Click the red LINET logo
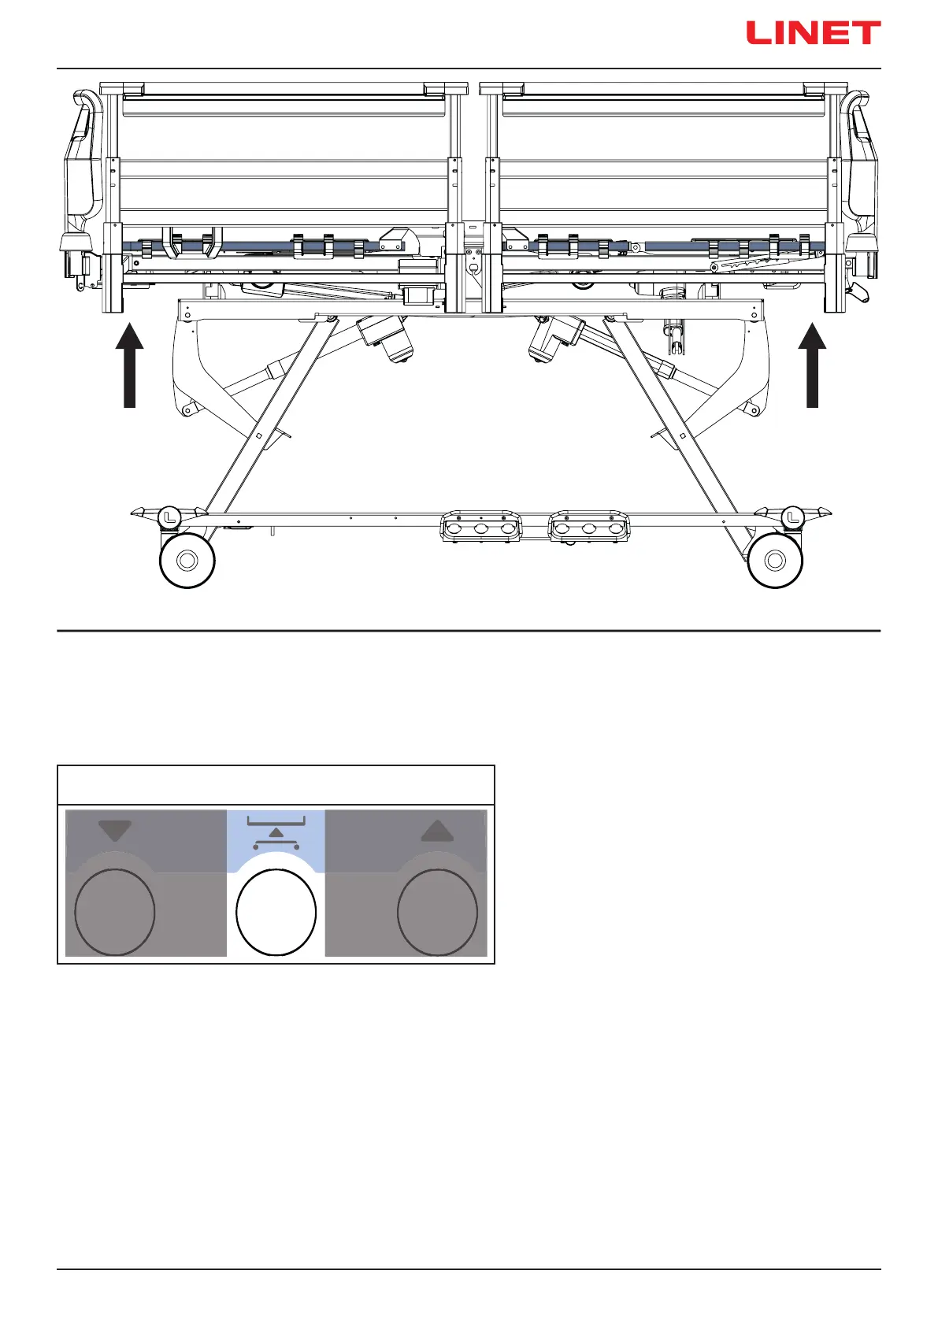tap(813, 33)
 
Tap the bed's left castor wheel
tap(187, 560)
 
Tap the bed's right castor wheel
tap(775, 560)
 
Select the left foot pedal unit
tap(481, 527)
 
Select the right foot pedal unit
tap(589, 527)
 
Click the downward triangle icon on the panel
tap(115, 831)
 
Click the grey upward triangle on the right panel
tap(438, 831)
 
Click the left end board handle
tap(82, 157)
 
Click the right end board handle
tap(861, 157)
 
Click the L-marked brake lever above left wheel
tap(169, 517)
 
